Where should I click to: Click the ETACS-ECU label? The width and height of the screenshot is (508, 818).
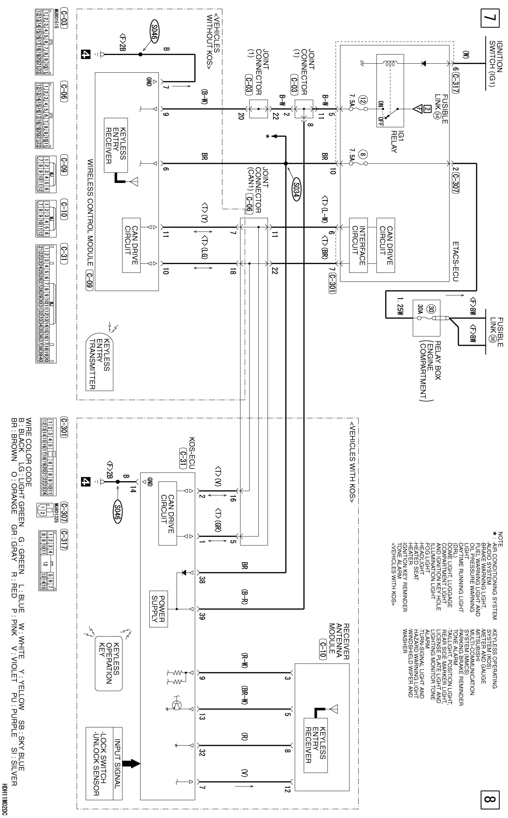click(x=455, y=261)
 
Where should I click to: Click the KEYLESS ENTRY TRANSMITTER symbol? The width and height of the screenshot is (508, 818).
click(x=99, y=364)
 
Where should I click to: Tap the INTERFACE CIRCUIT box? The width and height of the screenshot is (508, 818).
click(x=358, y=245)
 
